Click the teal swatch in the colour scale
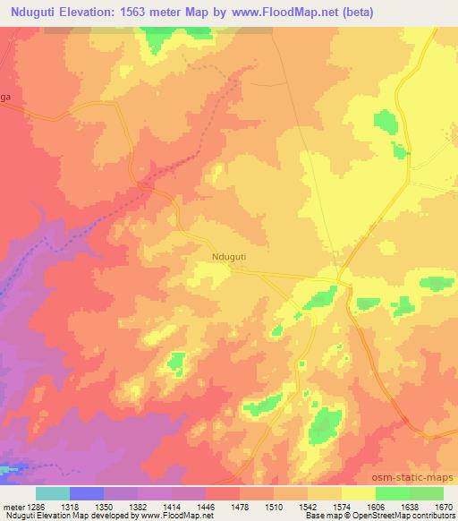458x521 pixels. [x=53, y=492]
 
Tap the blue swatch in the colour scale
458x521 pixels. [x=87, y=492]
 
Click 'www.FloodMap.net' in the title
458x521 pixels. [x=276, y=12]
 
